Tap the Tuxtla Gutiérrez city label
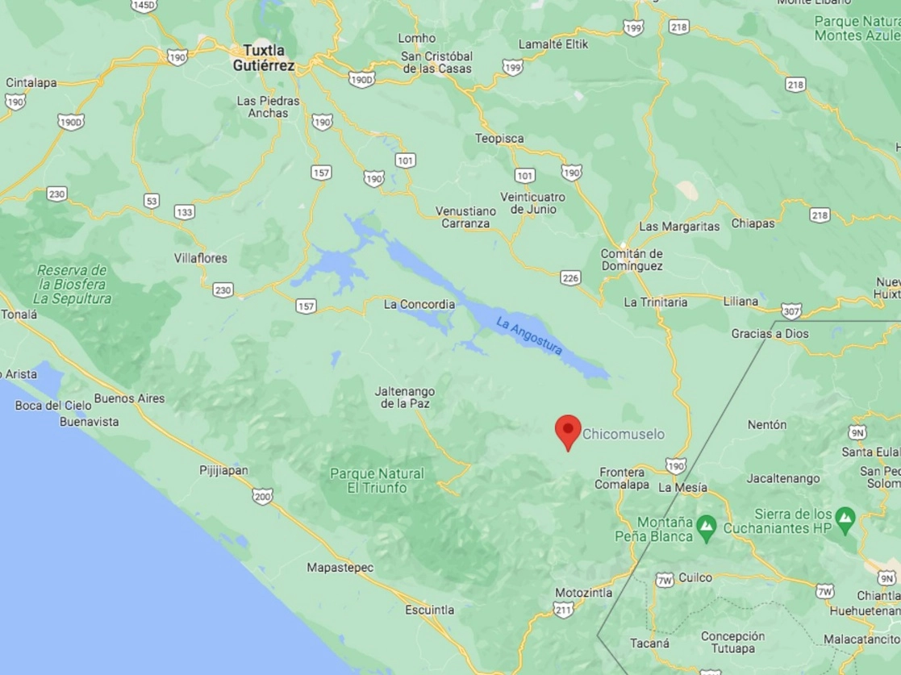point(264,58)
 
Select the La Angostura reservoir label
point(528,336)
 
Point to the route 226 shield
point(571,278)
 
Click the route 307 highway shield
point(791,309)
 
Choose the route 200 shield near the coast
point(262,496)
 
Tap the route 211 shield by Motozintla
point(564,610)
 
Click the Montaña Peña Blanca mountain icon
point(707,528)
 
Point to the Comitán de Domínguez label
point(632,260)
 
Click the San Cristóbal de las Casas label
point(436,62)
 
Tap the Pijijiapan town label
point(223,470)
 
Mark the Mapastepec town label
point(340,568)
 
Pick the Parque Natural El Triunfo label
point(377,481)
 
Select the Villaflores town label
point(201,258)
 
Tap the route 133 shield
point(185,211)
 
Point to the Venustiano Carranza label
point(465,217)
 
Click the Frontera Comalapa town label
point(621,478)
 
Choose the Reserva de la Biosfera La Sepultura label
point(73,284)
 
